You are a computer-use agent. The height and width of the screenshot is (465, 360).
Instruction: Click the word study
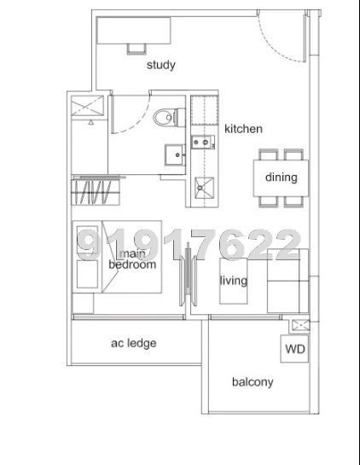[160, 65]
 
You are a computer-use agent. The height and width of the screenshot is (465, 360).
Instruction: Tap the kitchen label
[243, 129]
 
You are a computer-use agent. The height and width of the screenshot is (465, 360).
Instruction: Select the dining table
[281, 178]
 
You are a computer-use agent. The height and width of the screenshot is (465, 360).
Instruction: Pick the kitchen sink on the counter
[203, 142]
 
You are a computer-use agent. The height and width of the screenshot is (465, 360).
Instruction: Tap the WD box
[294, 349]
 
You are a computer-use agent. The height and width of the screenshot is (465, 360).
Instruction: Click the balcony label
[253, 382]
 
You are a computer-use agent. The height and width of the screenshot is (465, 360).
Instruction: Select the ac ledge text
[134, 343]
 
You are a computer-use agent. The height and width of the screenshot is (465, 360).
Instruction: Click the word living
[233, 281]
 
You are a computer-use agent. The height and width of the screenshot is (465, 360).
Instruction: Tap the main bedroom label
[132, 259]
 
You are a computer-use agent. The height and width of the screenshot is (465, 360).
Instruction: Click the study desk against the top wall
[135, 32]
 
